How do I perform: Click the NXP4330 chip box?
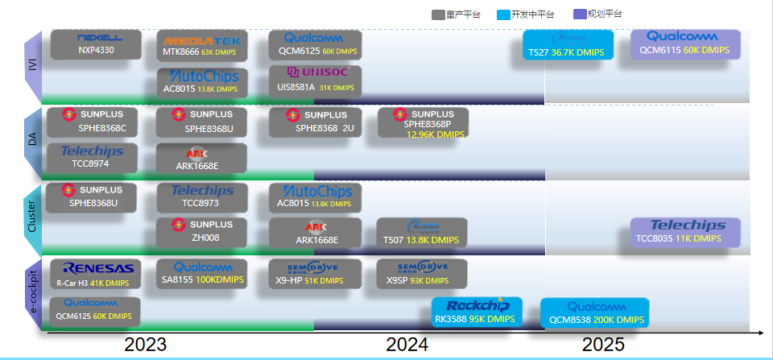click(x=96, y=44)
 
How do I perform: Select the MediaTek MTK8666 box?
click(x=201, y=45)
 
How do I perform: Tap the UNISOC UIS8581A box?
click(x=315, y=81)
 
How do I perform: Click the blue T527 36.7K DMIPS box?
click(x=568, y=45)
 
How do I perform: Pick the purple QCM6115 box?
click(x=684, y=43)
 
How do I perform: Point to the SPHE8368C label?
click(x=102, y=128)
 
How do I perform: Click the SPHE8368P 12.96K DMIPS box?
click(x=423, y=123)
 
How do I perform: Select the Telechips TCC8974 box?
click(x=92, y=156)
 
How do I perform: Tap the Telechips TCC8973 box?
click(x=201, y=197)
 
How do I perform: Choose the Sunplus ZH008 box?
click(x=201, y=231)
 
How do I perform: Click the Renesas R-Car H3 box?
click(x=94, y=274)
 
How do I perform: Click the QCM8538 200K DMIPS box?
click(x=594, y=312)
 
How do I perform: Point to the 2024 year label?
click(x=407, y=345)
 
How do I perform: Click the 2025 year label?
click(x=603, y=345)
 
